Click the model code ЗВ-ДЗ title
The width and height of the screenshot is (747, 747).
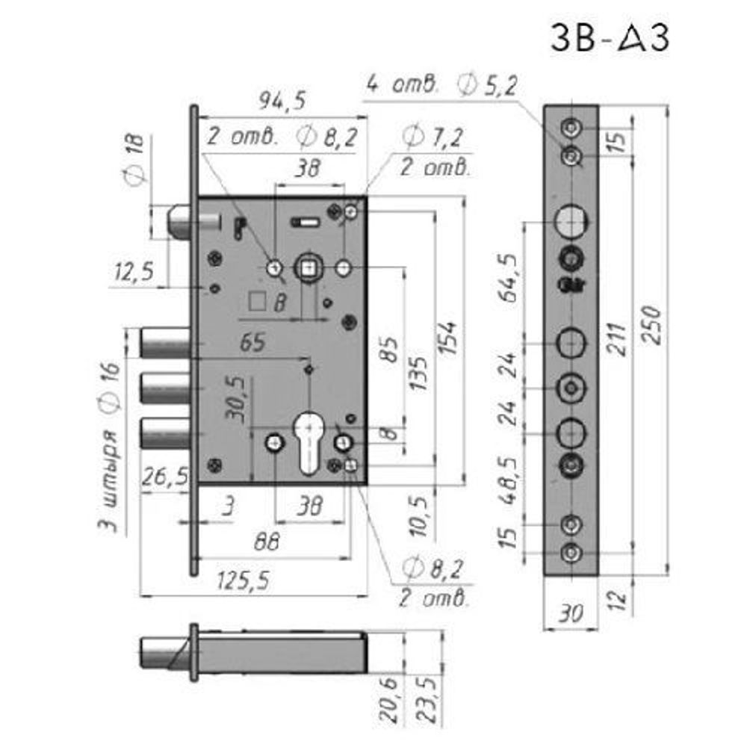[610, 38]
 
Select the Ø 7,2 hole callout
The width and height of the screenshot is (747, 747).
[432, 137]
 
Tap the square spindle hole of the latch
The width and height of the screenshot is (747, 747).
[307, 267]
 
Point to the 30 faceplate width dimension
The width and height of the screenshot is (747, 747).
[570, 614]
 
